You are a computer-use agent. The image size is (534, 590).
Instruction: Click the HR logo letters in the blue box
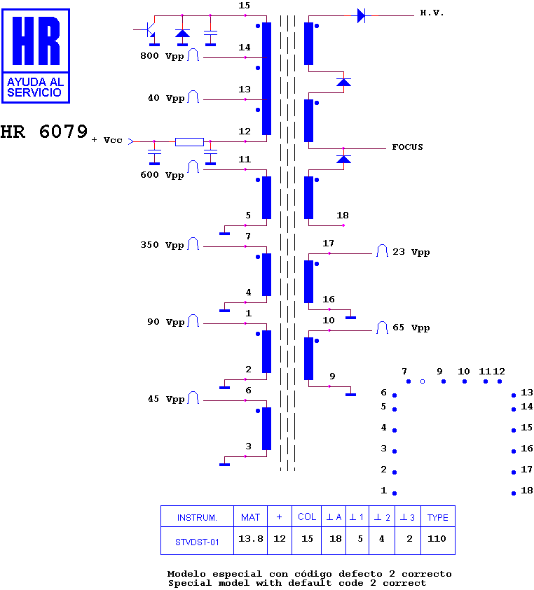(x=36, y=41)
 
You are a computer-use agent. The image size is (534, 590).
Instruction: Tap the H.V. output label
(x=432, y=13)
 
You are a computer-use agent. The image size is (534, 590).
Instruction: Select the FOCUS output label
(x=407, y=147)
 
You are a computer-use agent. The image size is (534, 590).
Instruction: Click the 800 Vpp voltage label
(x=162, y=56)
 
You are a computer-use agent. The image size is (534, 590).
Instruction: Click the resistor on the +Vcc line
(x=189, y=142)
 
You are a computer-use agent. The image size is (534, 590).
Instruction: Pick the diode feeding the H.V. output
(x=361, y=16)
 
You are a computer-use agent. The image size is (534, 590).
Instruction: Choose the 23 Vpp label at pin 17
(x=411, y=252)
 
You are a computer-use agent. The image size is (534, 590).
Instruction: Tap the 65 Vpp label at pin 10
(x=411, y=328)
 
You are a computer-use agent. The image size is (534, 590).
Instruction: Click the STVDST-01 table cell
(x=197, y=542)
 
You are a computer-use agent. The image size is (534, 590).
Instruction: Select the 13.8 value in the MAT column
(x=251, y=539)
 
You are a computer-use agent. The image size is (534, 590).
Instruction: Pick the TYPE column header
(x=437, y=518)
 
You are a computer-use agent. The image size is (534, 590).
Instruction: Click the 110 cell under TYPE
(x=437, y=539)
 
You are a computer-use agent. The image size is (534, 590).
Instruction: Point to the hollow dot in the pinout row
(x=423, y=381)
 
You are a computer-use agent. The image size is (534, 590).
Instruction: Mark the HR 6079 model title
(x=44, y=132)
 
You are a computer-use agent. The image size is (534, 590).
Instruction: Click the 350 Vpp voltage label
(x=162, y=245)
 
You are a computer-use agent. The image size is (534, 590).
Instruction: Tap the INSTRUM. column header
(x=197, y=518)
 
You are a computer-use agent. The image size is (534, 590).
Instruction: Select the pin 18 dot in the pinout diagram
(x=514, y=493)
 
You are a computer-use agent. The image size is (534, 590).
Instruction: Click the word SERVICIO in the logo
(x=34, y=92)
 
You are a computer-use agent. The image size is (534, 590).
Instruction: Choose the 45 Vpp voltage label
(x=166, y=399)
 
